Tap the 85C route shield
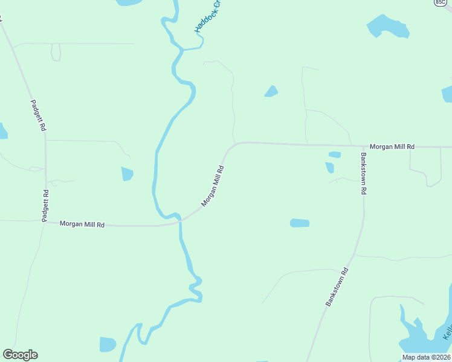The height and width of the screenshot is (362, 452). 440,2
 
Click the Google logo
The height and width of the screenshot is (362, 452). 20,355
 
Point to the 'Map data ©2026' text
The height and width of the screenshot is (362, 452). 426,357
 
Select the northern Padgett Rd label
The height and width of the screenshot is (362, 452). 37,115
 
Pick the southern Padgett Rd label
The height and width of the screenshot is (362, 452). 45,206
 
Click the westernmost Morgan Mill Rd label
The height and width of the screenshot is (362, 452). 82,224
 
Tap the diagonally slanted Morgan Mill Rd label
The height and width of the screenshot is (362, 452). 213,186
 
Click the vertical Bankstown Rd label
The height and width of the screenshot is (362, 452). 364,173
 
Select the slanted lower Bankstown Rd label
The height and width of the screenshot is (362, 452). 337,287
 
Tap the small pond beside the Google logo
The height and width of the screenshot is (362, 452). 107,345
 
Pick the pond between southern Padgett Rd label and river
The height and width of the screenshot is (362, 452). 127,174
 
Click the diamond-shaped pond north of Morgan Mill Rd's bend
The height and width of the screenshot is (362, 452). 271,91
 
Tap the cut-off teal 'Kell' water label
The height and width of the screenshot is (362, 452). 447,332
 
